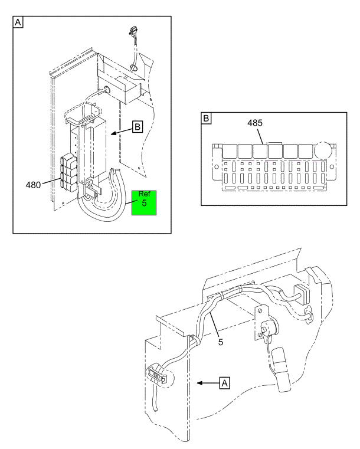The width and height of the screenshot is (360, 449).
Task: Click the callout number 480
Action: point(33,185)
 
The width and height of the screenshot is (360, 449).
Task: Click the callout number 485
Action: point(255,123)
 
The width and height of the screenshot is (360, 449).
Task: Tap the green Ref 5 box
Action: point(144,203)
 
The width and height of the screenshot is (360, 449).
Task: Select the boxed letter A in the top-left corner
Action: point(18,22)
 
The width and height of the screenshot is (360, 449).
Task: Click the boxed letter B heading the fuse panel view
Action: point(206,118)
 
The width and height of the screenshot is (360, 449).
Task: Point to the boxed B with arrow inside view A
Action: point(138,127)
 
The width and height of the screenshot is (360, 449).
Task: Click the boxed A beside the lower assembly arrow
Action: point(224,383)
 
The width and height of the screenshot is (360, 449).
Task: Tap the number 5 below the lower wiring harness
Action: point(221,342)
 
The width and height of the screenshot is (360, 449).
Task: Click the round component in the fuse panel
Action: point(322,150)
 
